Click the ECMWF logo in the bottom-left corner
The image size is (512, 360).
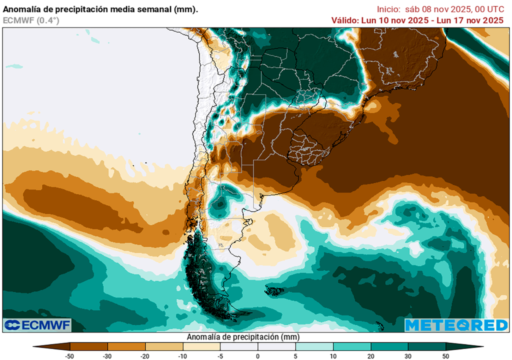[37, 325]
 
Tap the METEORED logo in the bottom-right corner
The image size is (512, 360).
[456, 325]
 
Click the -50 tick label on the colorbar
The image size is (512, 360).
[70, 355]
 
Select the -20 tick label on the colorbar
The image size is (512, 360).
[145, 355]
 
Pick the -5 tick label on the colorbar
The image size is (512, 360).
[220, 355]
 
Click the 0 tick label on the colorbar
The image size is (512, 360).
[258, 355]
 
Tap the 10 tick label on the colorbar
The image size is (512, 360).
[333, 355]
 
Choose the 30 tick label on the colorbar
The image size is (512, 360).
[408, 355]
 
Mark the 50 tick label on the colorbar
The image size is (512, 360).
[445, 355]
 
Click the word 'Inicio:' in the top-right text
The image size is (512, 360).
[388, 9]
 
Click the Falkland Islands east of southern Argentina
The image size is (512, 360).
[274, 290]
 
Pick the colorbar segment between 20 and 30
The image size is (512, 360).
[389, 346]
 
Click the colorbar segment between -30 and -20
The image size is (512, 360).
[126, 346]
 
